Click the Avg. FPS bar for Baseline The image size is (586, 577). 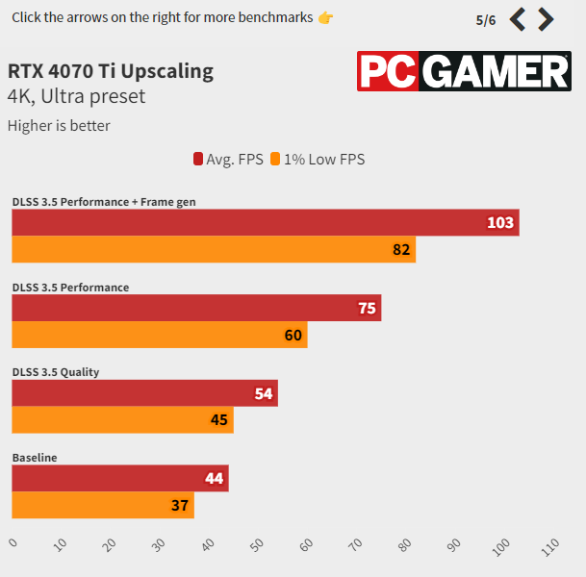119,478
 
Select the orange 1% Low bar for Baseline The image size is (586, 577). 102,505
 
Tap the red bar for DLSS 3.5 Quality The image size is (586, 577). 144,392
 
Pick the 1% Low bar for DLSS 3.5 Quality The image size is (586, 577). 122,419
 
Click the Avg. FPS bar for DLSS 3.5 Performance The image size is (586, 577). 196,308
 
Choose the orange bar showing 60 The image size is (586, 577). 159,335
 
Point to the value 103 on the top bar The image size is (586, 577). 500,223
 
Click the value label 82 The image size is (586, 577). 402,250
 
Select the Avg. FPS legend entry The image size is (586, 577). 228,160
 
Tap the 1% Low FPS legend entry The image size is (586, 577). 318,160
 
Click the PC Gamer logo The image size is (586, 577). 464,72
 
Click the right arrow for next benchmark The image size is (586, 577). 547,19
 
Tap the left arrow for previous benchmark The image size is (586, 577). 518,19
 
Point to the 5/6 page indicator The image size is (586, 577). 486,20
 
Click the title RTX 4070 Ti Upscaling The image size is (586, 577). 111,71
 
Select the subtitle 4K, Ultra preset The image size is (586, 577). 76,97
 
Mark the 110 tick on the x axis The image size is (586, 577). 550,547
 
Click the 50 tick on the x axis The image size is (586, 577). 257,547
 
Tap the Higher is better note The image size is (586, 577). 59,125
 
